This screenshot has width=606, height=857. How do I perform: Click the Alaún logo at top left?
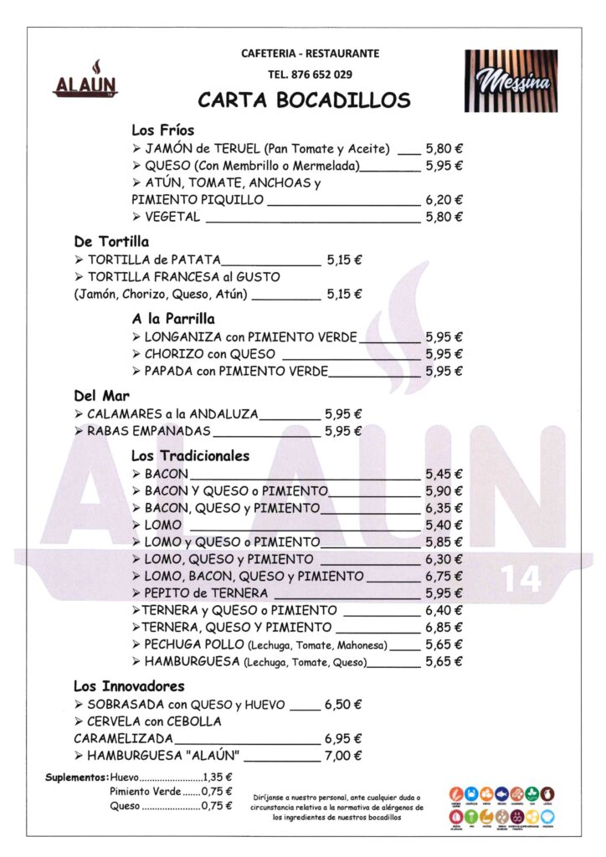(x=85, y=79)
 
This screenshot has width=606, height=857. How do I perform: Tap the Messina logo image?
(x=511, y=80)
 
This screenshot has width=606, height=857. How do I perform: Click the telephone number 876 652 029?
(x=310, y=74)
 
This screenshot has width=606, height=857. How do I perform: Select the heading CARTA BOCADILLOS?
(x=304, y=101)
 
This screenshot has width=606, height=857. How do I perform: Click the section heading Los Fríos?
(x=162, y=130)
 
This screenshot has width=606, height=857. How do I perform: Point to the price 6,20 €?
(x=444, y=200)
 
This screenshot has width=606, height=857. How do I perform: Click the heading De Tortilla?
(x=111, y=242)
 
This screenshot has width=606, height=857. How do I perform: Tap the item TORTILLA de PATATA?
(x=154, y=259)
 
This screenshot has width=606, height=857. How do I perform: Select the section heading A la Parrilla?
(x=172, y=319)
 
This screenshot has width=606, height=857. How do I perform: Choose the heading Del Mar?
(x=101, y=396)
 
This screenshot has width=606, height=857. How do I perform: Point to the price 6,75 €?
(x=444, y=577)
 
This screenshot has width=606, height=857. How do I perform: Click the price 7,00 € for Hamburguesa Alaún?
(x=343, y=756)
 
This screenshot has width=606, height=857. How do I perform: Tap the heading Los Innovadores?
(x=129, y=686)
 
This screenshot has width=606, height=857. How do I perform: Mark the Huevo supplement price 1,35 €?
(x=217, y=776)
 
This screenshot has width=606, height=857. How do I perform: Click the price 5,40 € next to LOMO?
(x=444, y=525)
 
